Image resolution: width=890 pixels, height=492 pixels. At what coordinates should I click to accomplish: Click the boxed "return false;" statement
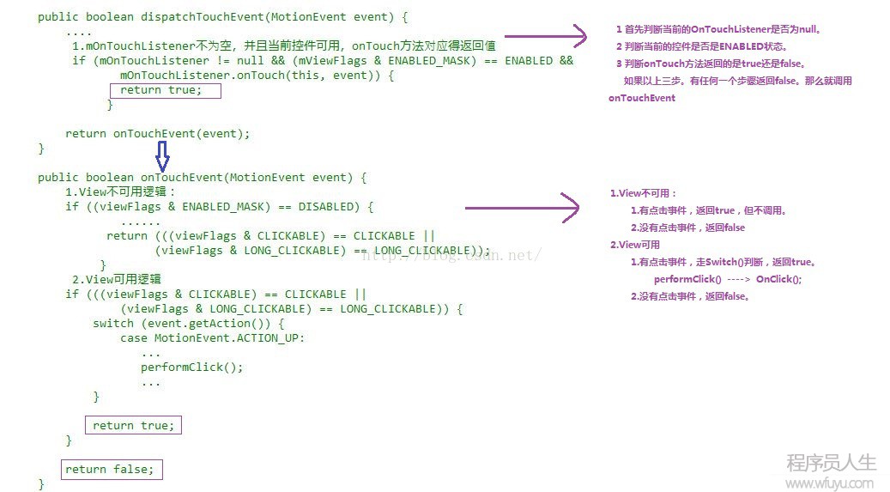112,470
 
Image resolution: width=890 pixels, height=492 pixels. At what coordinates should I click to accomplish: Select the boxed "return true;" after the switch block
133,426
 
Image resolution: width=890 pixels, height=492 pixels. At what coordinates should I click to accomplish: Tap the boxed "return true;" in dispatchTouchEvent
165,90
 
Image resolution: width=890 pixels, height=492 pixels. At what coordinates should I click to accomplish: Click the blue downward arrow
162,156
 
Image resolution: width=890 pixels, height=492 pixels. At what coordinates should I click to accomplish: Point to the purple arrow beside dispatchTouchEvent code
546,36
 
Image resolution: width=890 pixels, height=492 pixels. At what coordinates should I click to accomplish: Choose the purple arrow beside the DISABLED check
522,208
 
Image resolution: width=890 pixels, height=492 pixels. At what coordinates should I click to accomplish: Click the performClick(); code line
192,367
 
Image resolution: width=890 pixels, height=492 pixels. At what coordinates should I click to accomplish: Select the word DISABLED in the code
330,206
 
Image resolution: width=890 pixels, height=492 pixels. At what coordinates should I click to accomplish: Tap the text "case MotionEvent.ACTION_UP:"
212,338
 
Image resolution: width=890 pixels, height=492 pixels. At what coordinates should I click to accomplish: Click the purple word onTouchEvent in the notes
642,98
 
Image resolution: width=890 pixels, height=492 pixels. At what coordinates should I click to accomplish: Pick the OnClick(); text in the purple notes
778,279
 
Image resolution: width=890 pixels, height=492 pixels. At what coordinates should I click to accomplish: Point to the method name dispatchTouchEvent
203,17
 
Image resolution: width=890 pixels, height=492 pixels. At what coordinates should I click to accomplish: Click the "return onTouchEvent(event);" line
157,133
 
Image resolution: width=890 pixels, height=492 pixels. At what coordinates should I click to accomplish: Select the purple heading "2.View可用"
634,245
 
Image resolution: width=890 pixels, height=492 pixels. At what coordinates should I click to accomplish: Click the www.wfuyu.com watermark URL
830,483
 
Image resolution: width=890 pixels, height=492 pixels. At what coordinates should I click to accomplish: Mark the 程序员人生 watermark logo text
832,463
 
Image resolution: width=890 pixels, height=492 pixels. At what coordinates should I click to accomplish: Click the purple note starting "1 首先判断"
718,29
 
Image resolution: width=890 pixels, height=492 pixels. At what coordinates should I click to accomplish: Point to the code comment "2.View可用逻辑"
117,279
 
